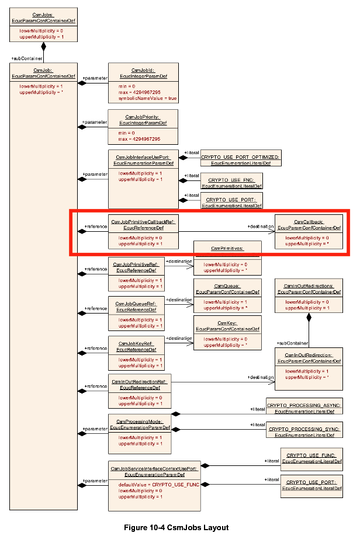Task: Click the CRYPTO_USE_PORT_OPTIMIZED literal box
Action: [x=240, y=159]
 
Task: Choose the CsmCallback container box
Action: [x=309, y=232]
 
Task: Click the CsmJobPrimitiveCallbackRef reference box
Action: [x=143, y=232]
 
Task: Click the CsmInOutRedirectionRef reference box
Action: [x=139, y=391]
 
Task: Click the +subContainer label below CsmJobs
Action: [x=25, y=58]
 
